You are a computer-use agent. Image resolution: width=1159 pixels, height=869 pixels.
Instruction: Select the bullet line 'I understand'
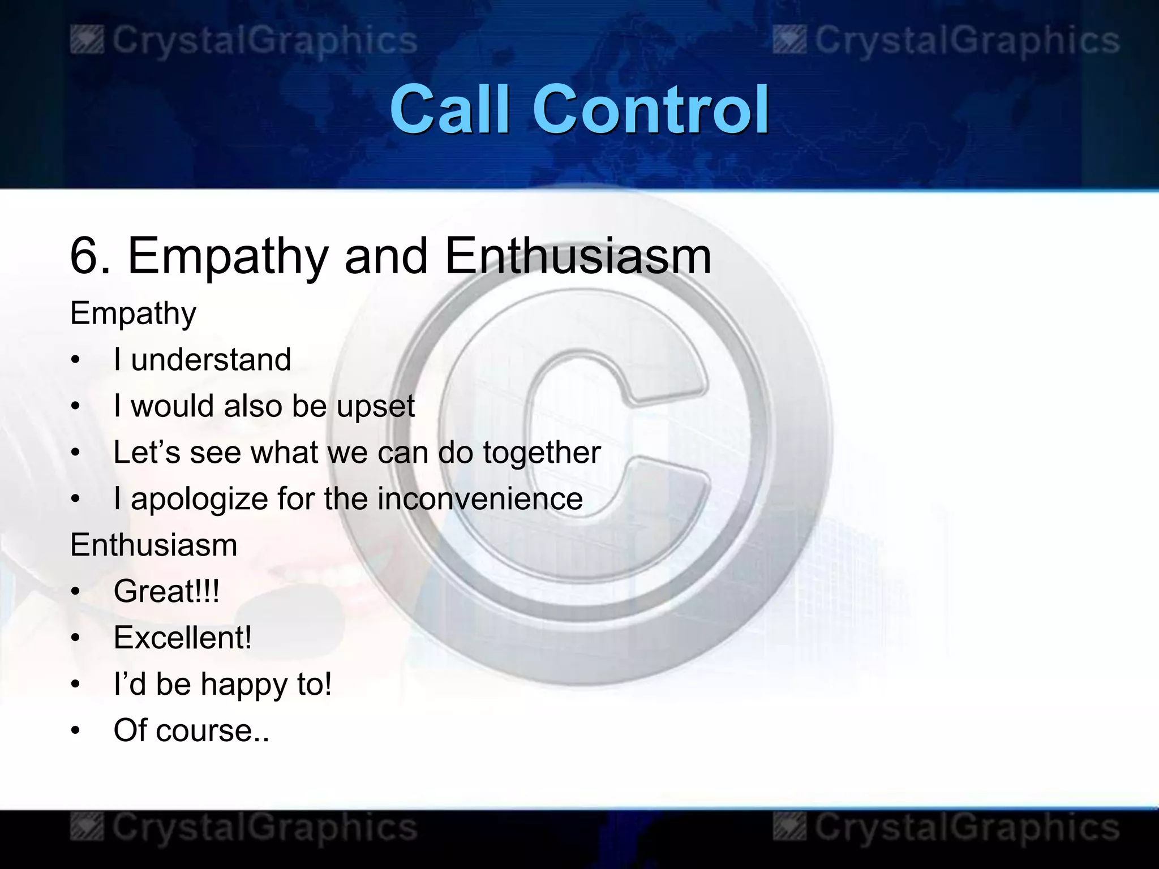coord(202,359)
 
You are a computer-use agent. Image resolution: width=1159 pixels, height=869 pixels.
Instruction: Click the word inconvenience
coord(480,498)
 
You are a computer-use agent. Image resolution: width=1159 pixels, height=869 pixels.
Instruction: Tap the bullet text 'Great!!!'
coord(166,591)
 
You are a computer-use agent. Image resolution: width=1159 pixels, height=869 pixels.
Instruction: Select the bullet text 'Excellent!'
coord(182,638)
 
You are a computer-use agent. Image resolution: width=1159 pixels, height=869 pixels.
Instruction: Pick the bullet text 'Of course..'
coord(191,730)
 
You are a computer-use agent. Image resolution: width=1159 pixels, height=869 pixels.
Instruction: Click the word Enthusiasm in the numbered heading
coord(577,256)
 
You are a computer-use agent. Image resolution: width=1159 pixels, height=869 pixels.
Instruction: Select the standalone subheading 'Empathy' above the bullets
coord(133,313)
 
